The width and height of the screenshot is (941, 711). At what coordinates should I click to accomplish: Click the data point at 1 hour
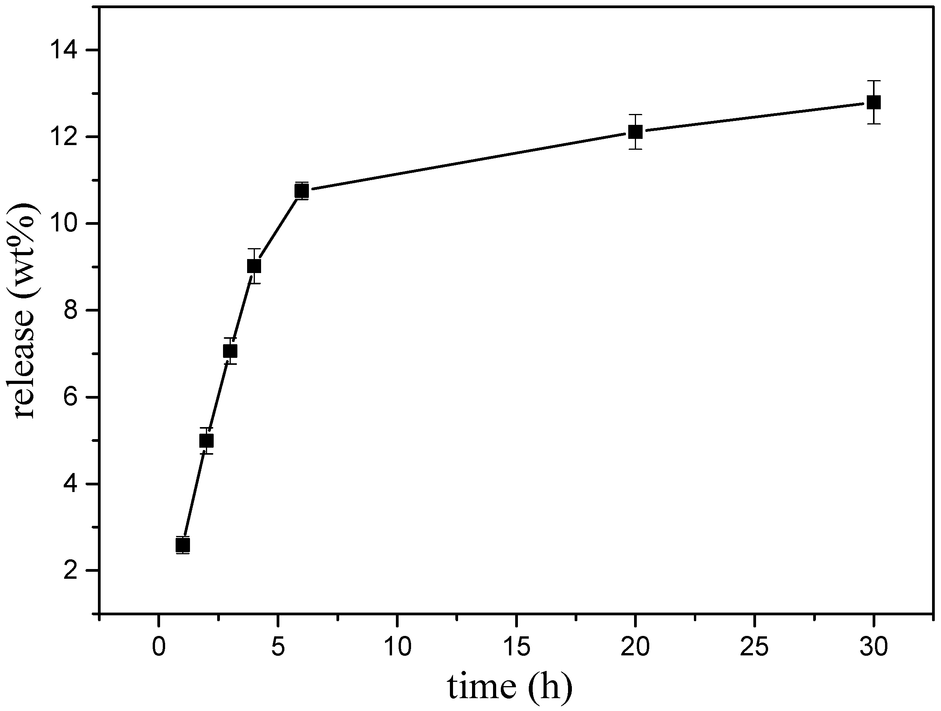tap(183, 545)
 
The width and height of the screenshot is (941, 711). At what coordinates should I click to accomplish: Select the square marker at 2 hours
tap(206, 441)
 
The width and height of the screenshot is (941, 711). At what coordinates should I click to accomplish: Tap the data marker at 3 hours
tap(230, 351)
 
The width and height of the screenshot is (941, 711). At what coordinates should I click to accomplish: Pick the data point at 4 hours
tap(254, 266)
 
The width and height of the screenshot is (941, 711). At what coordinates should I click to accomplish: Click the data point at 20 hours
tap(635, 132)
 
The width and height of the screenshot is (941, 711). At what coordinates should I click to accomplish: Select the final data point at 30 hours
tap(873, 102)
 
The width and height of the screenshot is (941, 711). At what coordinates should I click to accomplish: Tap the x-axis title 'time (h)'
tap(510, 686)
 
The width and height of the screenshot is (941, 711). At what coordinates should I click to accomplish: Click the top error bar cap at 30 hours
tap(873, 81)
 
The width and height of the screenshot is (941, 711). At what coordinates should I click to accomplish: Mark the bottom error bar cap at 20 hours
tap(635, 149)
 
